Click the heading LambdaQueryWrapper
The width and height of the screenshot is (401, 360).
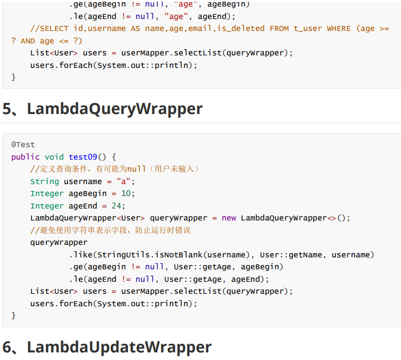tap(114, 109)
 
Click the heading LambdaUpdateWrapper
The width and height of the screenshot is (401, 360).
tap(119, 347)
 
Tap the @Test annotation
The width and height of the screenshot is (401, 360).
tap(23, 144)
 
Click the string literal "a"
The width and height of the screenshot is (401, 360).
tap(124, 181)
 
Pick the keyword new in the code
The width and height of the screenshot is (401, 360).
tap(229, 218)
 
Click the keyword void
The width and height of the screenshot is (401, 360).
tap(54, 157)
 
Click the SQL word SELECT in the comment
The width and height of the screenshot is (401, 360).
tap(54, 28)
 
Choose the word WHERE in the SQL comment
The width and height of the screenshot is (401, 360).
tap(339, 28)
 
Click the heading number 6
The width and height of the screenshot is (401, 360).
tap(9, 347)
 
